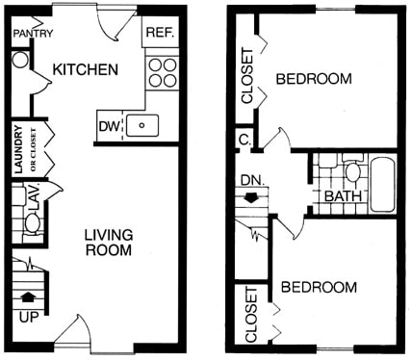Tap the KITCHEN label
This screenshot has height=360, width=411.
[86, 70]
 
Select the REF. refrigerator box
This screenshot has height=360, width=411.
[159, 32]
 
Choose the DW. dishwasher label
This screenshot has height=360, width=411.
[109, 125]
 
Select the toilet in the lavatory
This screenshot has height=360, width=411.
[32, 224]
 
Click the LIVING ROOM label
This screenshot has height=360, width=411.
[107, 243]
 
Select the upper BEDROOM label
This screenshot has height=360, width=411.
[314, 79]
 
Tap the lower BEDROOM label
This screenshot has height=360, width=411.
[319, 287]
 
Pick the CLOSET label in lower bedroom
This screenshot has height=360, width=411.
[250, 315]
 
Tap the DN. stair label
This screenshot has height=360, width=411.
[252, 180]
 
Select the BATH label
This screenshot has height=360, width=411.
[343, 198]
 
